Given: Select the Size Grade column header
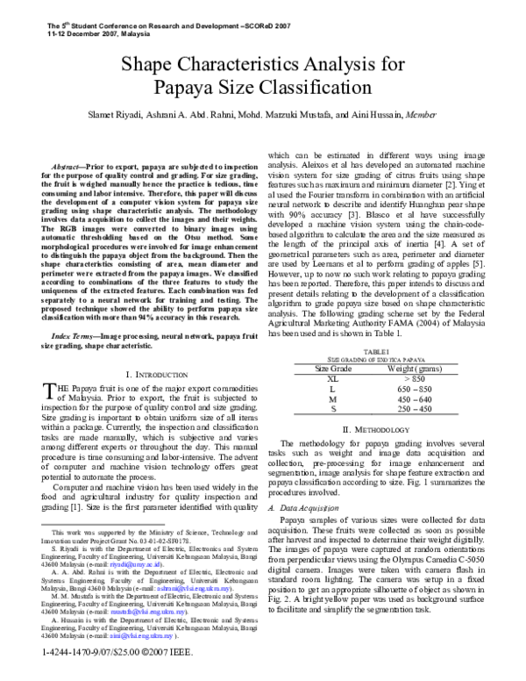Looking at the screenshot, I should [x=334, y=369].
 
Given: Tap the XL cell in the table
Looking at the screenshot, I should [x=333, y=378].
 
